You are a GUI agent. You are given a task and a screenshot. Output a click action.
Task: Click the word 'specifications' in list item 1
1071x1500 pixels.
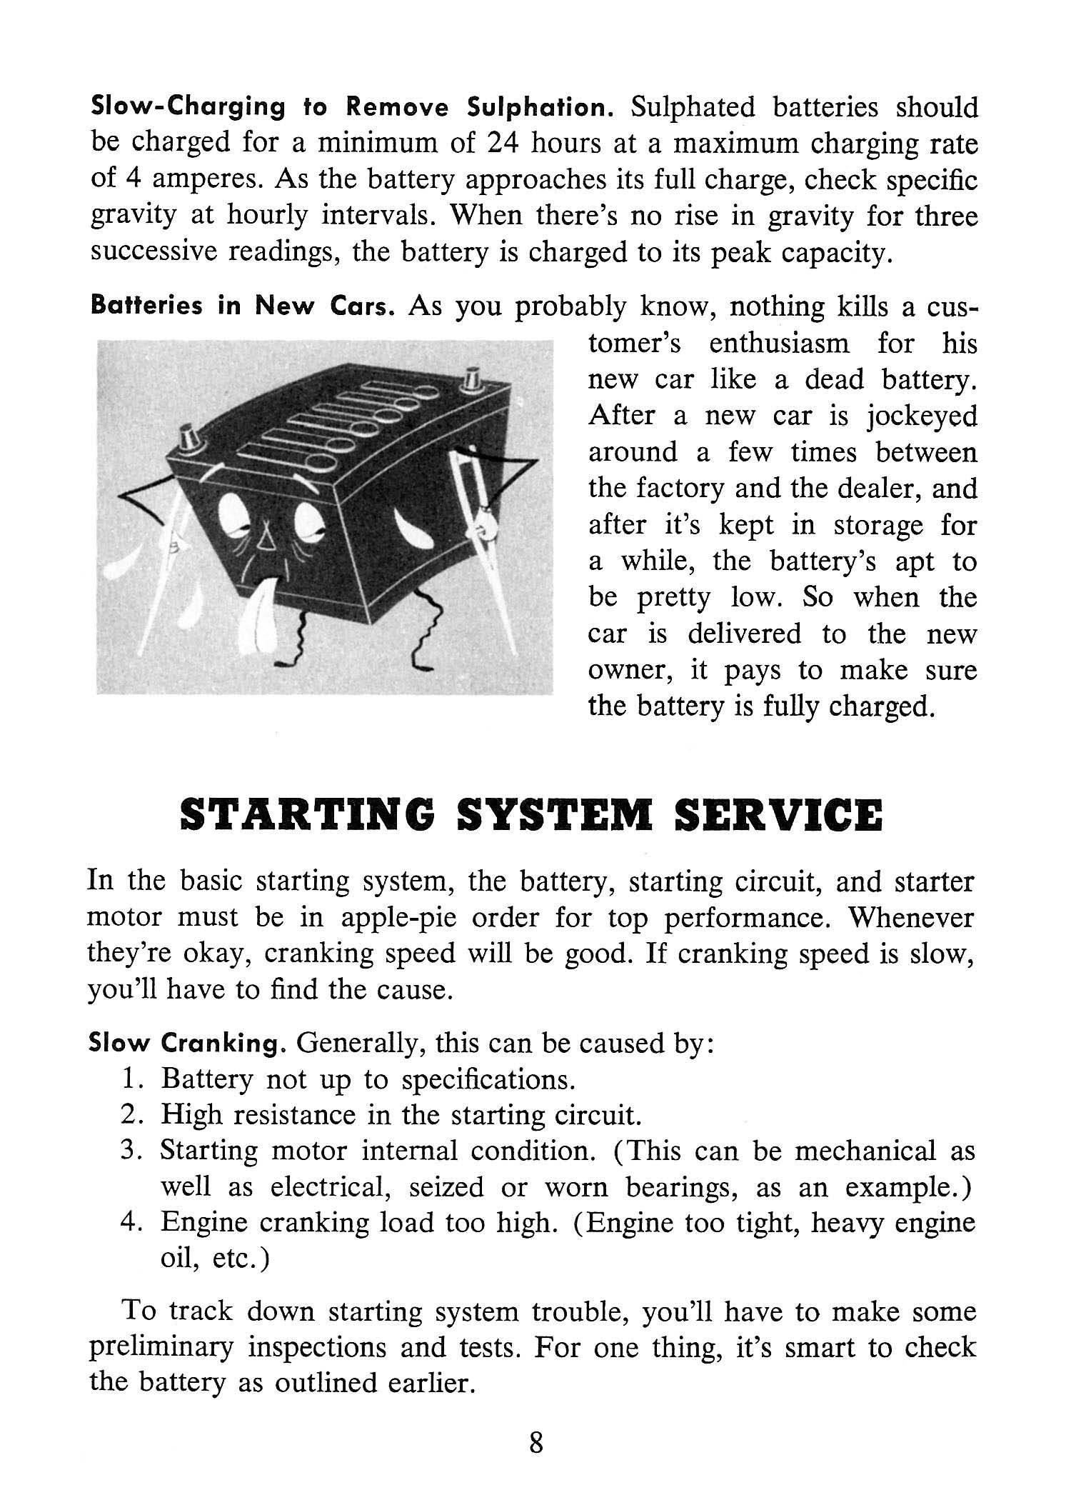[x=488, y=1080]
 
